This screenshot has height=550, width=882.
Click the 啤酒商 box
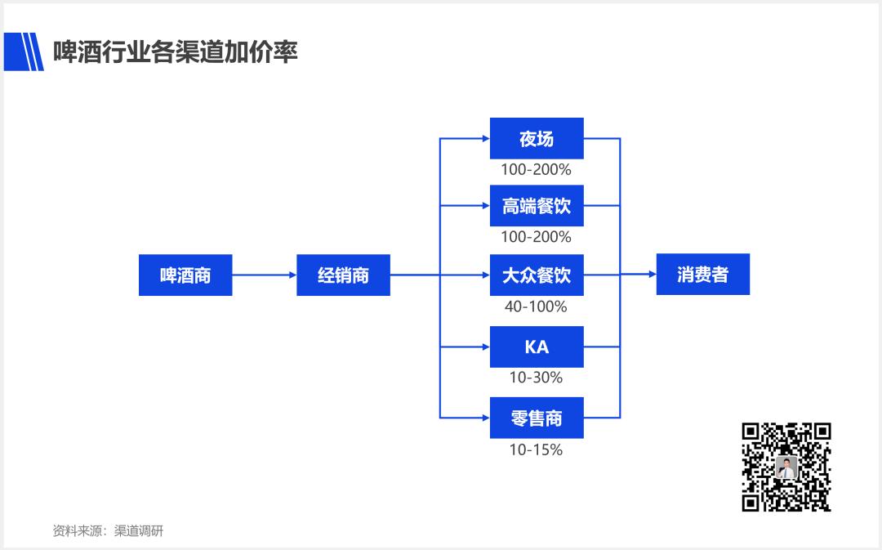point(185,275)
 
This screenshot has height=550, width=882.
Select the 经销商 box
point(343,275)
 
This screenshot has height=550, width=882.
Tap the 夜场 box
point(537,139)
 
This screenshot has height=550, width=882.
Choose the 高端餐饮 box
point(537,207)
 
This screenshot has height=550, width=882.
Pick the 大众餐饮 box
point(537,275)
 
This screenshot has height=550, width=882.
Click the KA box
point(537,347)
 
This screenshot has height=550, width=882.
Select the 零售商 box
point(537,418)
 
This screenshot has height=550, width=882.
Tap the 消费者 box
point(702,275)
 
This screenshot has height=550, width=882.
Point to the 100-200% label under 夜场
point(537,170)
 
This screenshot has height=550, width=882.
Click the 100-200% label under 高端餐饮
point(537,237)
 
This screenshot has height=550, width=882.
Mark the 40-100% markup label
point(537,306)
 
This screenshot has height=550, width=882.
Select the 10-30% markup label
point(537,378)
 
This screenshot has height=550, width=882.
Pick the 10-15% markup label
point(537,449)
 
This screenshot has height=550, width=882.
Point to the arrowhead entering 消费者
point(652,275)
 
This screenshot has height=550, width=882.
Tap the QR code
point(786,467)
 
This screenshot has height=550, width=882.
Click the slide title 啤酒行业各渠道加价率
point(176,51)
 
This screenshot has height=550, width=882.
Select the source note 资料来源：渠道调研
point(108,530)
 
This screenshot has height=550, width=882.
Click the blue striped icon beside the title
point(24,51)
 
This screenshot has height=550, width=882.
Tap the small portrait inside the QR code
point(786,467)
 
